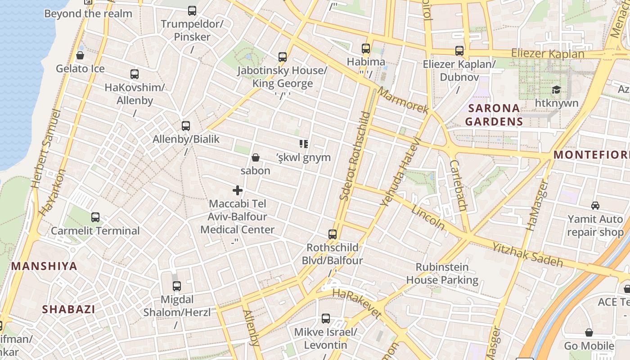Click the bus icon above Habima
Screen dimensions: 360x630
[x=366, y=49]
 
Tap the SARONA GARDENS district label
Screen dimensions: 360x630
[x=494, y=115]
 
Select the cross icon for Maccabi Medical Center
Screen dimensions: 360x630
[x=238, y=190]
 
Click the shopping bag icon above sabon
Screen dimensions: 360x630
[x=255, y=157]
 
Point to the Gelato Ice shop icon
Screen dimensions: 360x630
[x=80, y=55]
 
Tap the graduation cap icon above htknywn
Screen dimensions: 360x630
[x=556, y=90]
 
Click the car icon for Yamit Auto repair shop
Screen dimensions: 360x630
[x=595, y=206]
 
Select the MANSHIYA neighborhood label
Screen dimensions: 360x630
[x=44, y=266]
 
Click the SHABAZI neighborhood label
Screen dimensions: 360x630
[x=68, y=309]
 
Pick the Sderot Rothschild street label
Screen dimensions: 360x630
[x=355, y=155]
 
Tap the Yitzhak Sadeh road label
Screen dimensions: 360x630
[x=527, y=255]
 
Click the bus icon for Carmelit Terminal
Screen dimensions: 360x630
[x=95, y=217]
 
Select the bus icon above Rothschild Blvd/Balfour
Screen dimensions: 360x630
[x=332, y=234]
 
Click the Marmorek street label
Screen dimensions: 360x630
[x=403, y=100]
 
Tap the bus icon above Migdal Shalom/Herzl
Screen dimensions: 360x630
[x=177, y=286]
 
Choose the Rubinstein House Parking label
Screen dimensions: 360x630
[x=442, y=274]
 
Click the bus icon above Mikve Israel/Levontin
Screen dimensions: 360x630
[x=325, y=319]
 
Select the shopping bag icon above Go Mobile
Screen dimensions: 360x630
[x=589, y=333]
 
